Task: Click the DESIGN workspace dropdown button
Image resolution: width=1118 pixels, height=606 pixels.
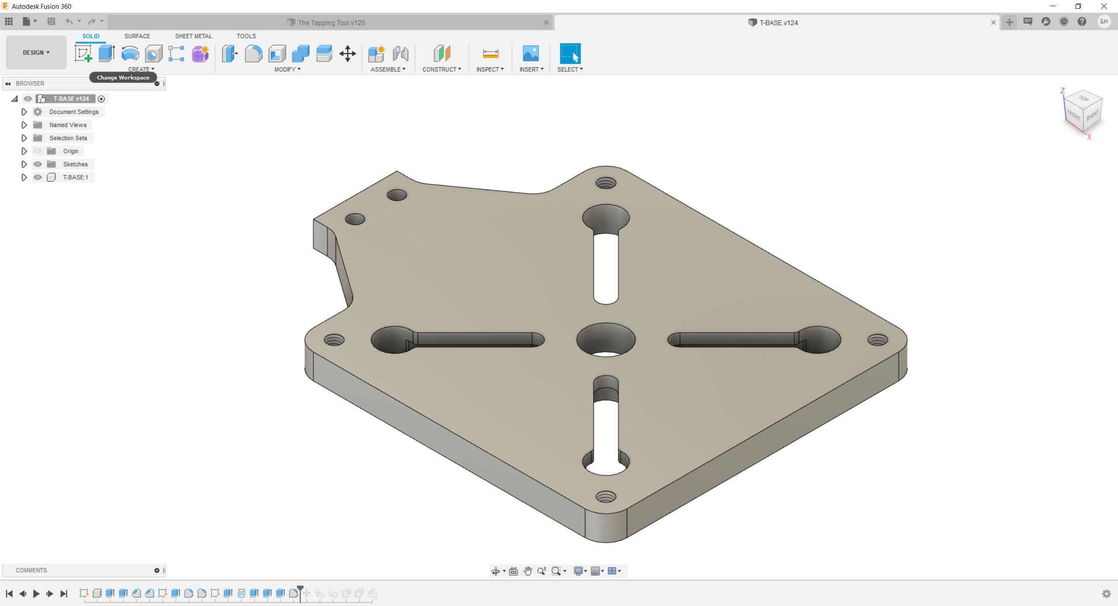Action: (x=36, y=52)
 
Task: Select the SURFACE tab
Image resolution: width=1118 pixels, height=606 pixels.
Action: (x=137, y=36)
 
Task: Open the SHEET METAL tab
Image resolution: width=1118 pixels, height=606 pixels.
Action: (x=193, y=36)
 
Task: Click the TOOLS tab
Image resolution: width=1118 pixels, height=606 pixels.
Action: (x=246, y=36)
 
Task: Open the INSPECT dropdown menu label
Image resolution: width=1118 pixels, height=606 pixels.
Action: (x=490, y=69)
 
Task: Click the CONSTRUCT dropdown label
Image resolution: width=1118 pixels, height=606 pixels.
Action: (x=441, y=69)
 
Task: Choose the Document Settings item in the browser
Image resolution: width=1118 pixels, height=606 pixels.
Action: (x=74, y=112)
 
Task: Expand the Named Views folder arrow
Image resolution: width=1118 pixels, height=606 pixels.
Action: (x=24, y=125)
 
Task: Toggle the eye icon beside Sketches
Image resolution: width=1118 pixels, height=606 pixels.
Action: (x=38, y=164)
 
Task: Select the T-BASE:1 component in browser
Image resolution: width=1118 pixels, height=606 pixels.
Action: (x=75, y=177)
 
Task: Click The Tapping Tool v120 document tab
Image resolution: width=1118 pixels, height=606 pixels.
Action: (x=331, y=23)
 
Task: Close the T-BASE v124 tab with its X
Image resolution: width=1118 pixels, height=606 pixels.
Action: (x=993, y=23)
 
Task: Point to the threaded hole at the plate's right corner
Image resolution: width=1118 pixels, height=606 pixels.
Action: (x=877, y=340)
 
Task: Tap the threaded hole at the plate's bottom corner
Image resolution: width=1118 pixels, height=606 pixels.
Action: (x=605, y=496)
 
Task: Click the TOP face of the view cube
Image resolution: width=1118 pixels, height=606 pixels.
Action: (x=1083, y=98)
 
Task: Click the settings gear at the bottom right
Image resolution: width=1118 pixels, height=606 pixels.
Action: (x=1106, y=594)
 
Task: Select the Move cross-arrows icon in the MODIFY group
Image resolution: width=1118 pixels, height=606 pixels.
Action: (x=347, y=54)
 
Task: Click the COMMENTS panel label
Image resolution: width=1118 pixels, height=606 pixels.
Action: (x=31, y=570)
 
